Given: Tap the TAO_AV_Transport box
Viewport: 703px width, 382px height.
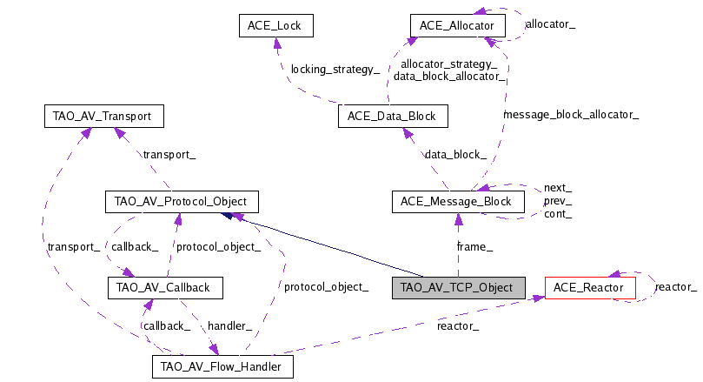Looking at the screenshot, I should tap(103, 115).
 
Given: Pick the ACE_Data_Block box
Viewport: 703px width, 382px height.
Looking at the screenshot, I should tap(392, 115).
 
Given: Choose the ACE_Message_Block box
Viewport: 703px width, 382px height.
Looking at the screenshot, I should tap(458, 202).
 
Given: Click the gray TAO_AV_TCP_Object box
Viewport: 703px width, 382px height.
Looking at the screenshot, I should tap(458, 285).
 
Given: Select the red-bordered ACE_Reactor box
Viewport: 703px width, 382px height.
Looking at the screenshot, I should tap(589, 285).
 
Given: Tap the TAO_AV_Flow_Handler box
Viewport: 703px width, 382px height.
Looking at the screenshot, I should tap(222, 366).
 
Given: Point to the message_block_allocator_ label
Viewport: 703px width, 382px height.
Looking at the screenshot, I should tap(571, 114).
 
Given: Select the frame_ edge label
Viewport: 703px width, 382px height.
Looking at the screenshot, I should tap(475, 247).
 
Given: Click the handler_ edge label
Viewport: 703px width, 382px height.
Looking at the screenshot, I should tap(230, 325).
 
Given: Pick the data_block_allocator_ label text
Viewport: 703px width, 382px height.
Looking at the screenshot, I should tap(449, 77).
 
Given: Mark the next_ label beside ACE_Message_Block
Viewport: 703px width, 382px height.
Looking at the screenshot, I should tap(558, 188).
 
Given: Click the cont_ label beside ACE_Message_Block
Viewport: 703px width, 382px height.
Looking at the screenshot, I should tap(558, 214).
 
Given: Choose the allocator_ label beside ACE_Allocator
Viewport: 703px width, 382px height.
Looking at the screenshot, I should tap(551, 25).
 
